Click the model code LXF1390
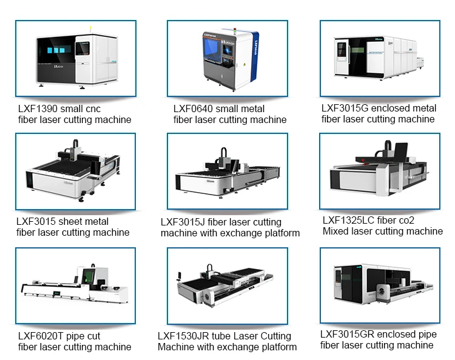36,108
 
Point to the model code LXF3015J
185,222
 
